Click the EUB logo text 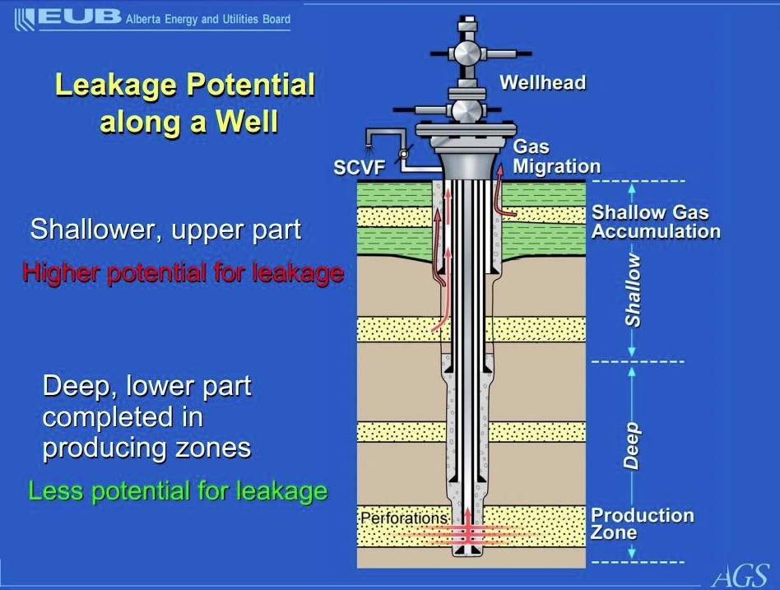80,17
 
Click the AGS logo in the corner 741,576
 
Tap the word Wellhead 543,82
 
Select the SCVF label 360,168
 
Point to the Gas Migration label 556,156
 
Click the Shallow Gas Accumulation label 656,222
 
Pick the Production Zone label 642,524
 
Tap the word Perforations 403,518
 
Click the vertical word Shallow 632,290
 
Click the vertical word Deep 632,446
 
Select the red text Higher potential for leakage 183,273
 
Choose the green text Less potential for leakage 178,491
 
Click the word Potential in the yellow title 251,85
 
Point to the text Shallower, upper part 165,230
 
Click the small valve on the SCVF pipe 404,154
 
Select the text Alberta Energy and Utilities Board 208,20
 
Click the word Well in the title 247,121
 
